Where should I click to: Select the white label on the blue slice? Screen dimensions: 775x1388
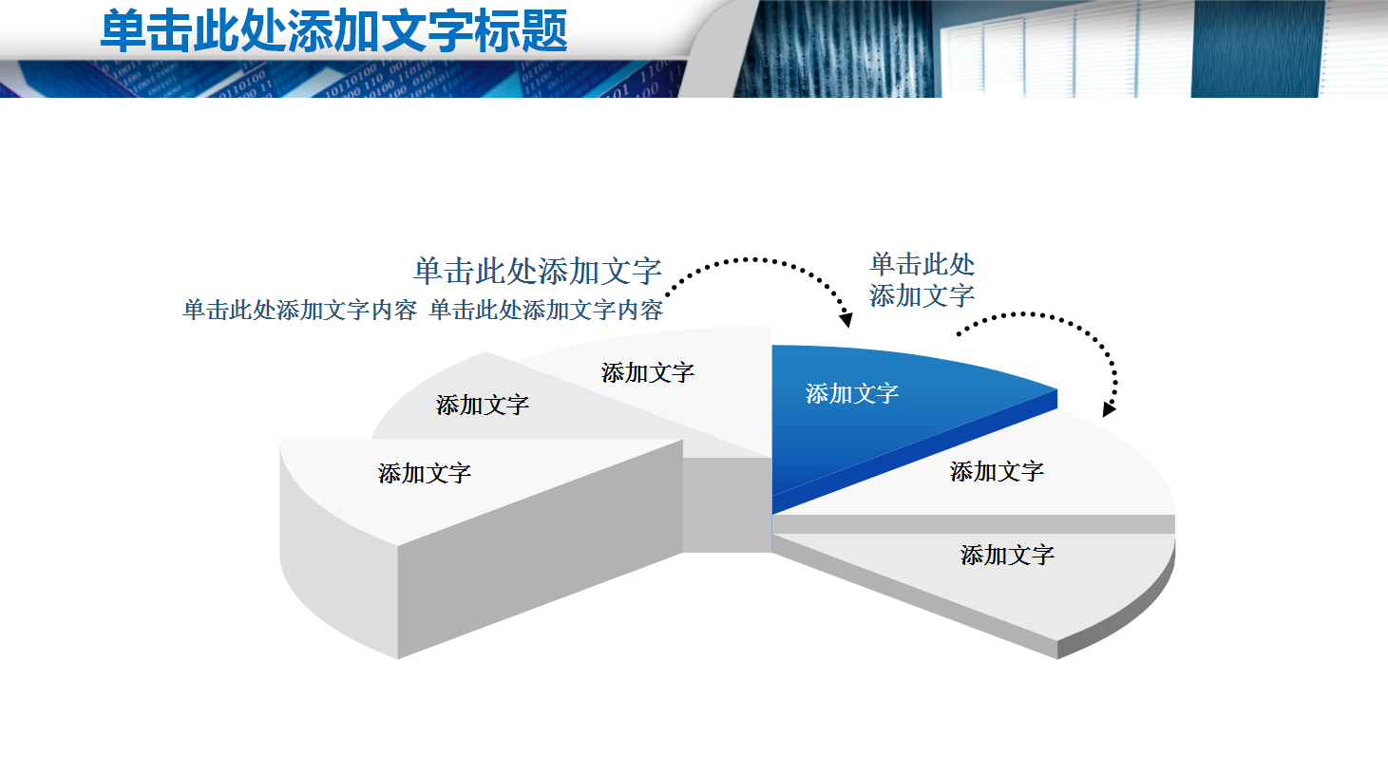[x=852, y=393]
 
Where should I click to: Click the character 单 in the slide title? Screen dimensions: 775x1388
[x=124, y=30]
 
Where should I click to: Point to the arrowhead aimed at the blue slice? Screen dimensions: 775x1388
[x=846, y=320]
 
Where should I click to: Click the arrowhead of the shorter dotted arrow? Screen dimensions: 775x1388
[x=1108, y=409]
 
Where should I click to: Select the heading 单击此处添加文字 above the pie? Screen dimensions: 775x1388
[x=537, y=271]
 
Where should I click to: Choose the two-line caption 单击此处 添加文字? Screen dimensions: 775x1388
[x=922, y=280]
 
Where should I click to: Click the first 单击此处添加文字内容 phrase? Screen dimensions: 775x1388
[x=299, y=310]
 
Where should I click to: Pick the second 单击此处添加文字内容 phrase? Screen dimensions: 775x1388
[x=545, y=310]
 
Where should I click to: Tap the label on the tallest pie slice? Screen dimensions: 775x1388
[x=425, y=473]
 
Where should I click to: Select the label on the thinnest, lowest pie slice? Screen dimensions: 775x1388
[x=1007, y=555]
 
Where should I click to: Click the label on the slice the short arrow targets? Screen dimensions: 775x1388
[x=997, y=471]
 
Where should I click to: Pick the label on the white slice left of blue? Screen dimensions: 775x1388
[x=648, y=372]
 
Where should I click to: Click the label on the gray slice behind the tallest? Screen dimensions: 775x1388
[x=483, y=406]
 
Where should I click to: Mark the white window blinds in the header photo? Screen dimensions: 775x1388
[x=1064, y=47]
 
